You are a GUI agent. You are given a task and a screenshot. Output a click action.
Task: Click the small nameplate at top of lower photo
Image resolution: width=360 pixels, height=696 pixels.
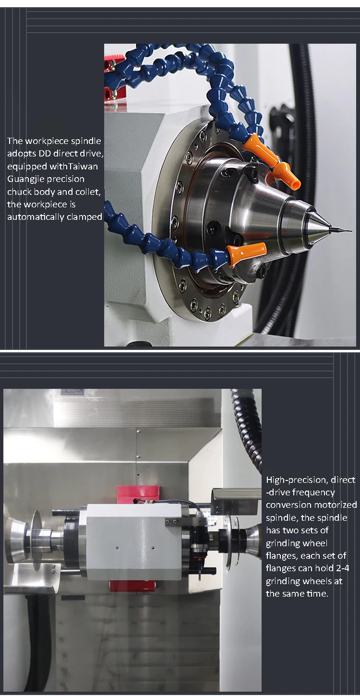72,393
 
